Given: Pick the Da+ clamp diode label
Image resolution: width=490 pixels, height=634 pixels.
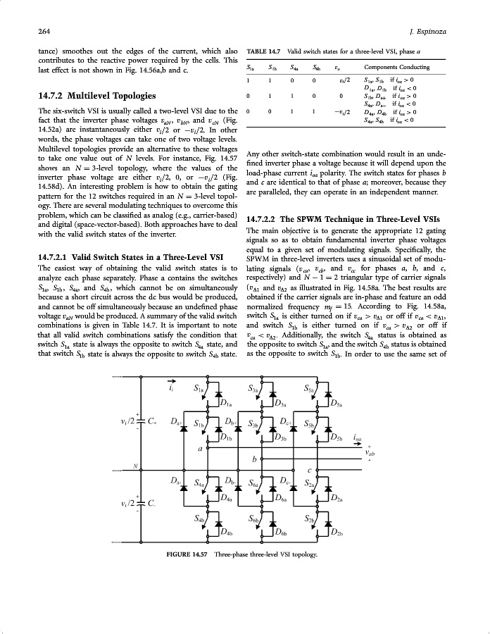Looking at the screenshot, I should pos(177,421).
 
